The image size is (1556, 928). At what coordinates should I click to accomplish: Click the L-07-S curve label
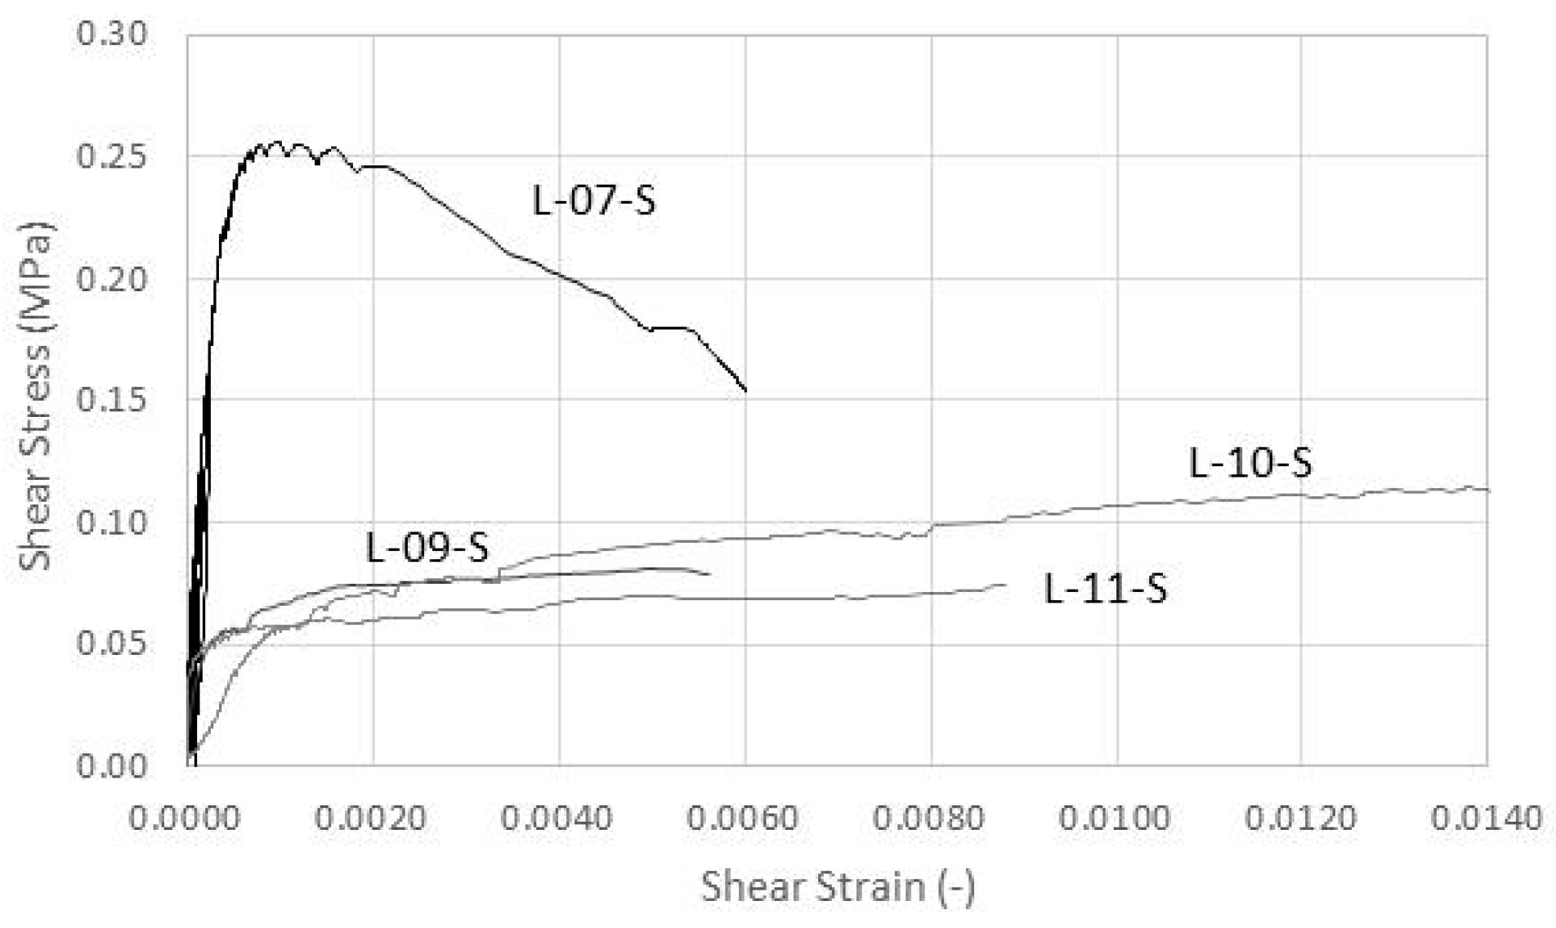pos(593,200)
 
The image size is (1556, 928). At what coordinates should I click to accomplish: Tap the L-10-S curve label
pos(1250,463)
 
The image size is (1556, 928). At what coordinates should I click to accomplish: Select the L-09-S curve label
pos(427,547)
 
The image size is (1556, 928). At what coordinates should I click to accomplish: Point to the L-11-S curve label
pos(1106,589)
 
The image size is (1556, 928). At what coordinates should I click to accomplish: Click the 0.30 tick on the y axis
pos(112,34)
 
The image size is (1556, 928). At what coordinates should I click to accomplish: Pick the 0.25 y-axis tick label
pos(112,156)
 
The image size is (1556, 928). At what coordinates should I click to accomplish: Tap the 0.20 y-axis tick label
pos(112,279)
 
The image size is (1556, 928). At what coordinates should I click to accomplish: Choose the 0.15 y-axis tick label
pos(112,400)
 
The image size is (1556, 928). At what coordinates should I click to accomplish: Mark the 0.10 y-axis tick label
pos(112,522)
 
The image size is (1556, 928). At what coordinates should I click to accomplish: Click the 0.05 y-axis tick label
pos(112,644)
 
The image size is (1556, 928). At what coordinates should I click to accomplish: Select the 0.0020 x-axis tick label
pos(371,818)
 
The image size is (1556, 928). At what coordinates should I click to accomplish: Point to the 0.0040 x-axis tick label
pos(557,818)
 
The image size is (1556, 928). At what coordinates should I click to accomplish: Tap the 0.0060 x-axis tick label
pos(742,818)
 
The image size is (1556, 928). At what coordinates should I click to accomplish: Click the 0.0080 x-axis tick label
pos(928,818)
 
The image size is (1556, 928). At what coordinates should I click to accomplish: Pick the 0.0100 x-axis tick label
pos(1115,818)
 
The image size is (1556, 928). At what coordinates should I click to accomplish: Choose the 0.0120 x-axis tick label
pos(1300,818)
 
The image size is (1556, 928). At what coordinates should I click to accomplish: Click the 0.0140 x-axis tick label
pos(1486,818)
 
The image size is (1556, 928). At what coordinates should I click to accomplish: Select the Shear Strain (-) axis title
pos(838,886)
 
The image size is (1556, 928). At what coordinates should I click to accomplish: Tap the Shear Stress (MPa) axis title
pos(36,397)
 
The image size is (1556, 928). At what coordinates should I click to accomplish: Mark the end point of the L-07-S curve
pos(745,390)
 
